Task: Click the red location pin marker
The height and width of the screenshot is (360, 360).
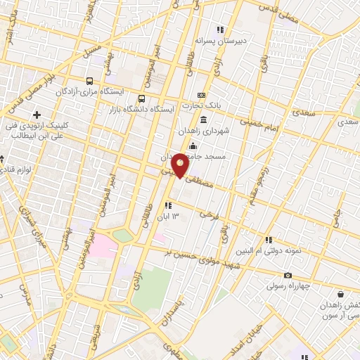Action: click(x=181, y=165)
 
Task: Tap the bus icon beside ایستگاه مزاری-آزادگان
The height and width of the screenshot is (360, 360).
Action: click(x=90, y=81)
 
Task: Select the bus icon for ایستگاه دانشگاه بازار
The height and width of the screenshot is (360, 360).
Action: click(x=142, y=98)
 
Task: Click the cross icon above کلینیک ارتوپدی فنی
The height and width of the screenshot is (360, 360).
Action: click(x=36, y=114)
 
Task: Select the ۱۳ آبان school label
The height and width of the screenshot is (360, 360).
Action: click(x=172, y=215)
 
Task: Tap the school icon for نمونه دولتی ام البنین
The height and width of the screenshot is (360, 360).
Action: click(x=269, y=240)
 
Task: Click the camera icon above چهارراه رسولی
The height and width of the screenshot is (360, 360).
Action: click(x=288, y=275)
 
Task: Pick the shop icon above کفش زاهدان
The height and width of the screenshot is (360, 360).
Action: click(x=340, y=294)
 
